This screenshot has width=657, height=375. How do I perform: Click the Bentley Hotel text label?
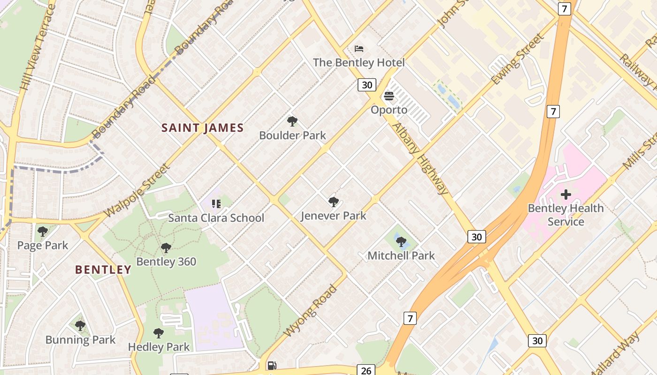[x=359, y=62]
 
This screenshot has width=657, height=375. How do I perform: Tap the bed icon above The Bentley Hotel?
[x=359, y=49]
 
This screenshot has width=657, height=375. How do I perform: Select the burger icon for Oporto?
[x=389, y=97]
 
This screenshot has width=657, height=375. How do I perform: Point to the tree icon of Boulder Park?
[x=292, y=122]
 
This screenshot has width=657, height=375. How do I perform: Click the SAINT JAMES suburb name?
[x=203, y=128]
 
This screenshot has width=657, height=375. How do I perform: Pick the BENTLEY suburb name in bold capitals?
[x=103, y=270]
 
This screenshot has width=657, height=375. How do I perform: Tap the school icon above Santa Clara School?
[x=216, y=204]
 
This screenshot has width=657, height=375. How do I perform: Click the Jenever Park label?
[x=333, y=216]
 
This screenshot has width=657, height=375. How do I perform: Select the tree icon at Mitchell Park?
[x=401, y=242]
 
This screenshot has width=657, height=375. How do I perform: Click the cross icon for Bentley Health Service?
[x=565, y=194]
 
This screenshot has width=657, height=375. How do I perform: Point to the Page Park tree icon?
[x=43, y=232]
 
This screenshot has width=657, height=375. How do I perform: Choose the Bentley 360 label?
[x=166, y=262]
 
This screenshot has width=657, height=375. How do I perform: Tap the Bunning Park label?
[x=80, y=340]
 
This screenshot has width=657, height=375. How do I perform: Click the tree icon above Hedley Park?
[x=159, y=333]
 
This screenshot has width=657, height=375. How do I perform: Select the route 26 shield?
[x=366, y=370]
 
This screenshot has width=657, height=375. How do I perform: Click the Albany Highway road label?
[x=420, y=158]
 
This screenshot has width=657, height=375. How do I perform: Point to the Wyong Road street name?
[x=311, y=310]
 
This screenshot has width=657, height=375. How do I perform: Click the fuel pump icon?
[x=271, y=366]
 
